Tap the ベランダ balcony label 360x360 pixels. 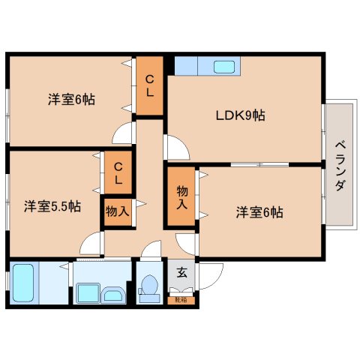tap(339, 165)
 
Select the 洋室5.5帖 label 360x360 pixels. tap(52, 205)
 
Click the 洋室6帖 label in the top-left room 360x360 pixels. tap(72, 99)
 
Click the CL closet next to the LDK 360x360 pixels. tap(150, 86)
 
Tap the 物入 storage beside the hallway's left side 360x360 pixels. tap(117, 211)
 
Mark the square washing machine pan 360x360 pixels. tap(86, 290)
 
